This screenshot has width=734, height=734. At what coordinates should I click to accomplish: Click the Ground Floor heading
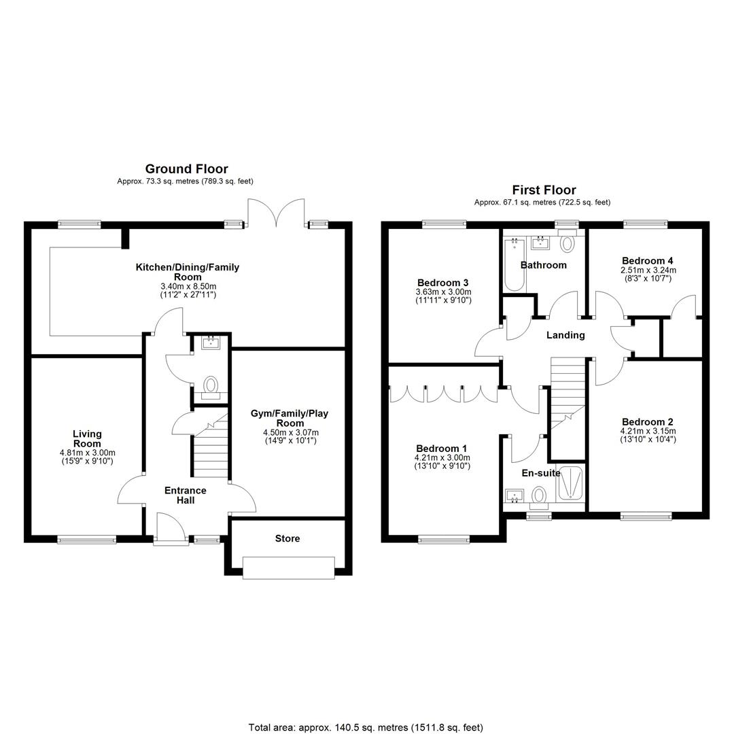[186, 169]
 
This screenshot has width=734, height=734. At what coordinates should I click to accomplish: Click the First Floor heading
[544, 190]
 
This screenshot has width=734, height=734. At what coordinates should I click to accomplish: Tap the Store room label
[287, 538]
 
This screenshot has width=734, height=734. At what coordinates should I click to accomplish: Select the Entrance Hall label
[186, 495]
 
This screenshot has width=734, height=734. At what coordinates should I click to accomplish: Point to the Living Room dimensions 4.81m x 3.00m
[88, 453]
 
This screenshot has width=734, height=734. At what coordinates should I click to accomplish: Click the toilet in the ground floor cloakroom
[211, 388]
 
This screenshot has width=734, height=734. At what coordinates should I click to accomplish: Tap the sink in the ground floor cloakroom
[211, 343]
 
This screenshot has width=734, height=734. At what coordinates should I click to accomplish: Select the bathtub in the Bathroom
[514, 264]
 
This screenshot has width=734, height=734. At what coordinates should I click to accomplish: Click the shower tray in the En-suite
[571, 484]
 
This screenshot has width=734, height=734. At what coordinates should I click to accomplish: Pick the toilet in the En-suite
[539, 497]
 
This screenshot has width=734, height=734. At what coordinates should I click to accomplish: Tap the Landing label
[565, 335]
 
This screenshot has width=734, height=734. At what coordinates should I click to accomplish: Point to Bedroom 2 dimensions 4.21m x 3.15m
[648, 431]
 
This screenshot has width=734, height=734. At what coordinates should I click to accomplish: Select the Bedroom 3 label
[443, 283]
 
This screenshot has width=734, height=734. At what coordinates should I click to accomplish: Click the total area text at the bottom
[366, 727]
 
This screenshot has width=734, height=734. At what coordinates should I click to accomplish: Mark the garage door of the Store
[289, 567]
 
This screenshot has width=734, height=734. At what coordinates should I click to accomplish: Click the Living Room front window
[86, 540]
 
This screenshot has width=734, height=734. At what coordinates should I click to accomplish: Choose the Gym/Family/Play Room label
[290, 418]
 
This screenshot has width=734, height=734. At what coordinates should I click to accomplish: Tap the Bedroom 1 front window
[444, 540]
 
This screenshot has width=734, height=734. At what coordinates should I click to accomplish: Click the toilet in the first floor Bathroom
[567, 242]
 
